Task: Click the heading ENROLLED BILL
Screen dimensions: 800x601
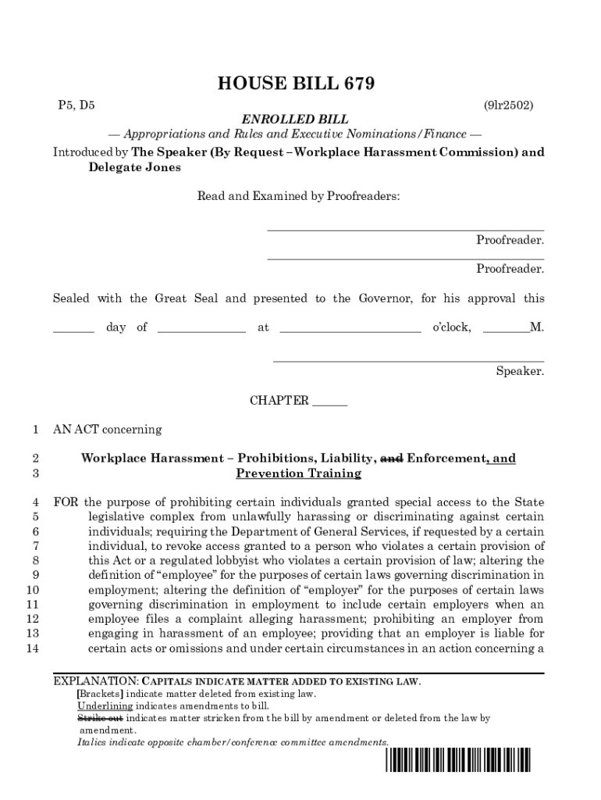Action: click(295, 120)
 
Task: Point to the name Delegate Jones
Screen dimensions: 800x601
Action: click(134, 167)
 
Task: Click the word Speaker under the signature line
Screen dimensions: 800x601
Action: click(520, 371)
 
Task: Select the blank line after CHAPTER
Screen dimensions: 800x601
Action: click(329, 402)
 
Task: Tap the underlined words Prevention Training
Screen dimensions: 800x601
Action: click(298, 473)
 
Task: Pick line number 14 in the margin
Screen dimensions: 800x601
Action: click(32, 648)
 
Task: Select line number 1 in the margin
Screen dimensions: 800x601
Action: click(35, 429)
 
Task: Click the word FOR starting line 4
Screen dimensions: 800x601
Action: click(66, 502)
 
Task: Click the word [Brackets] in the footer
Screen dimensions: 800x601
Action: click(100, 694)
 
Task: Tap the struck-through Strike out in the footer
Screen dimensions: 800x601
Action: click(100, 717)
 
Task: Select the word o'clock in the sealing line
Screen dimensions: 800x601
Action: click(451, 327)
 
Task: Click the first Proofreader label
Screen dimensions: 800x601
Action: click(510, 240)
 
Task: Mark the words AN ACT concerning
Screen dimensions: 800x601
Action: click(107, 429)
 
